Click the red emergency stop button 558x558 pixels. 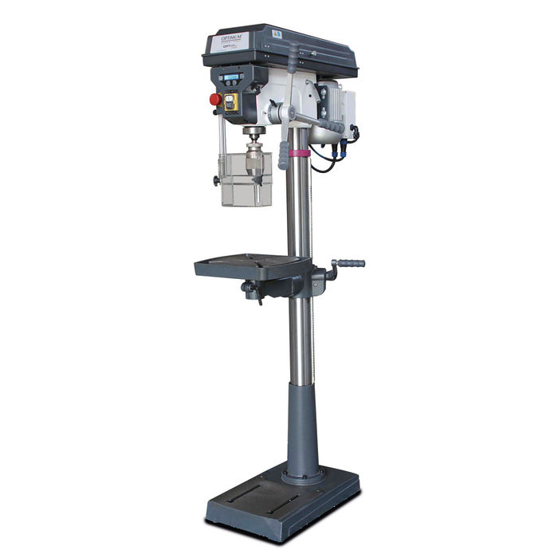pos(214,100)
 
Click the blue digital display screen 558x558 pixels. pos(232,77)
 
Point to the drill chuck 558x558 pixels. pos(255,151)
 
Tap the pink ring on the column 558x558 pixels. pos(298,152)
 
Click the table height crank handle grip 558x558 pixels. pos(350,263)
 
